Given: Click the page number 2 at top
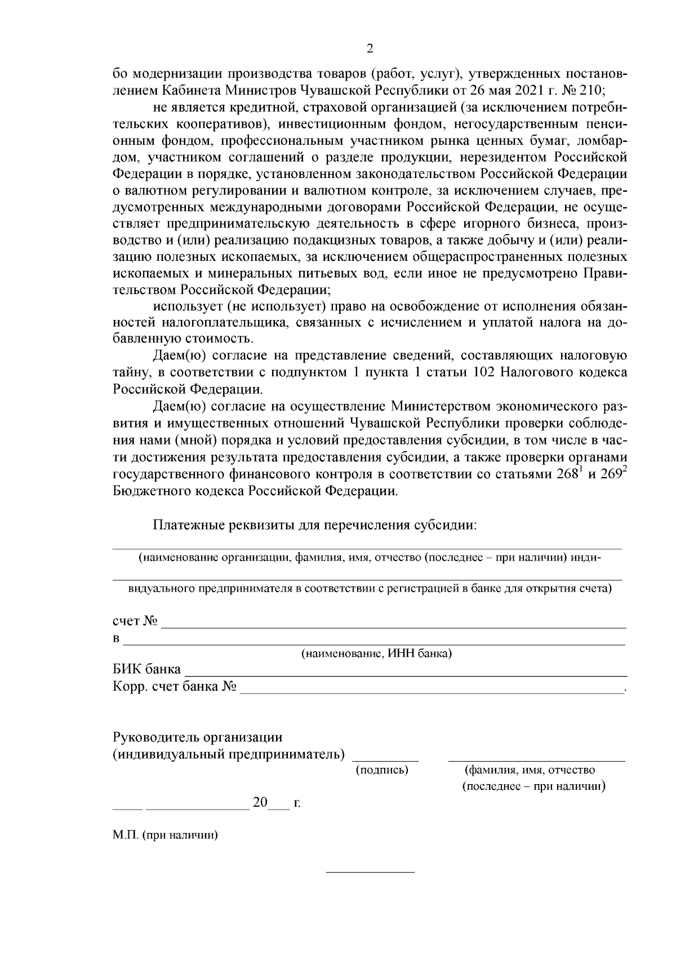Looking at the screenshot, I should click(370, 49).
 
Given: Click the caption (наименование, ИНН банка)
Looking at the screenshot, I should click(376, 654).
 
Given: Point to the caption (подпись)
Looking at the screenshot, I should click(383, 770).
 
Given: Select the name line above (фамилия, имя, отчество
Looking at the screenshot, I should click(536, 761).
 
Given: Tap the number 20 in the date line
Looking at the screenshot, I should click(260, 802).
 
